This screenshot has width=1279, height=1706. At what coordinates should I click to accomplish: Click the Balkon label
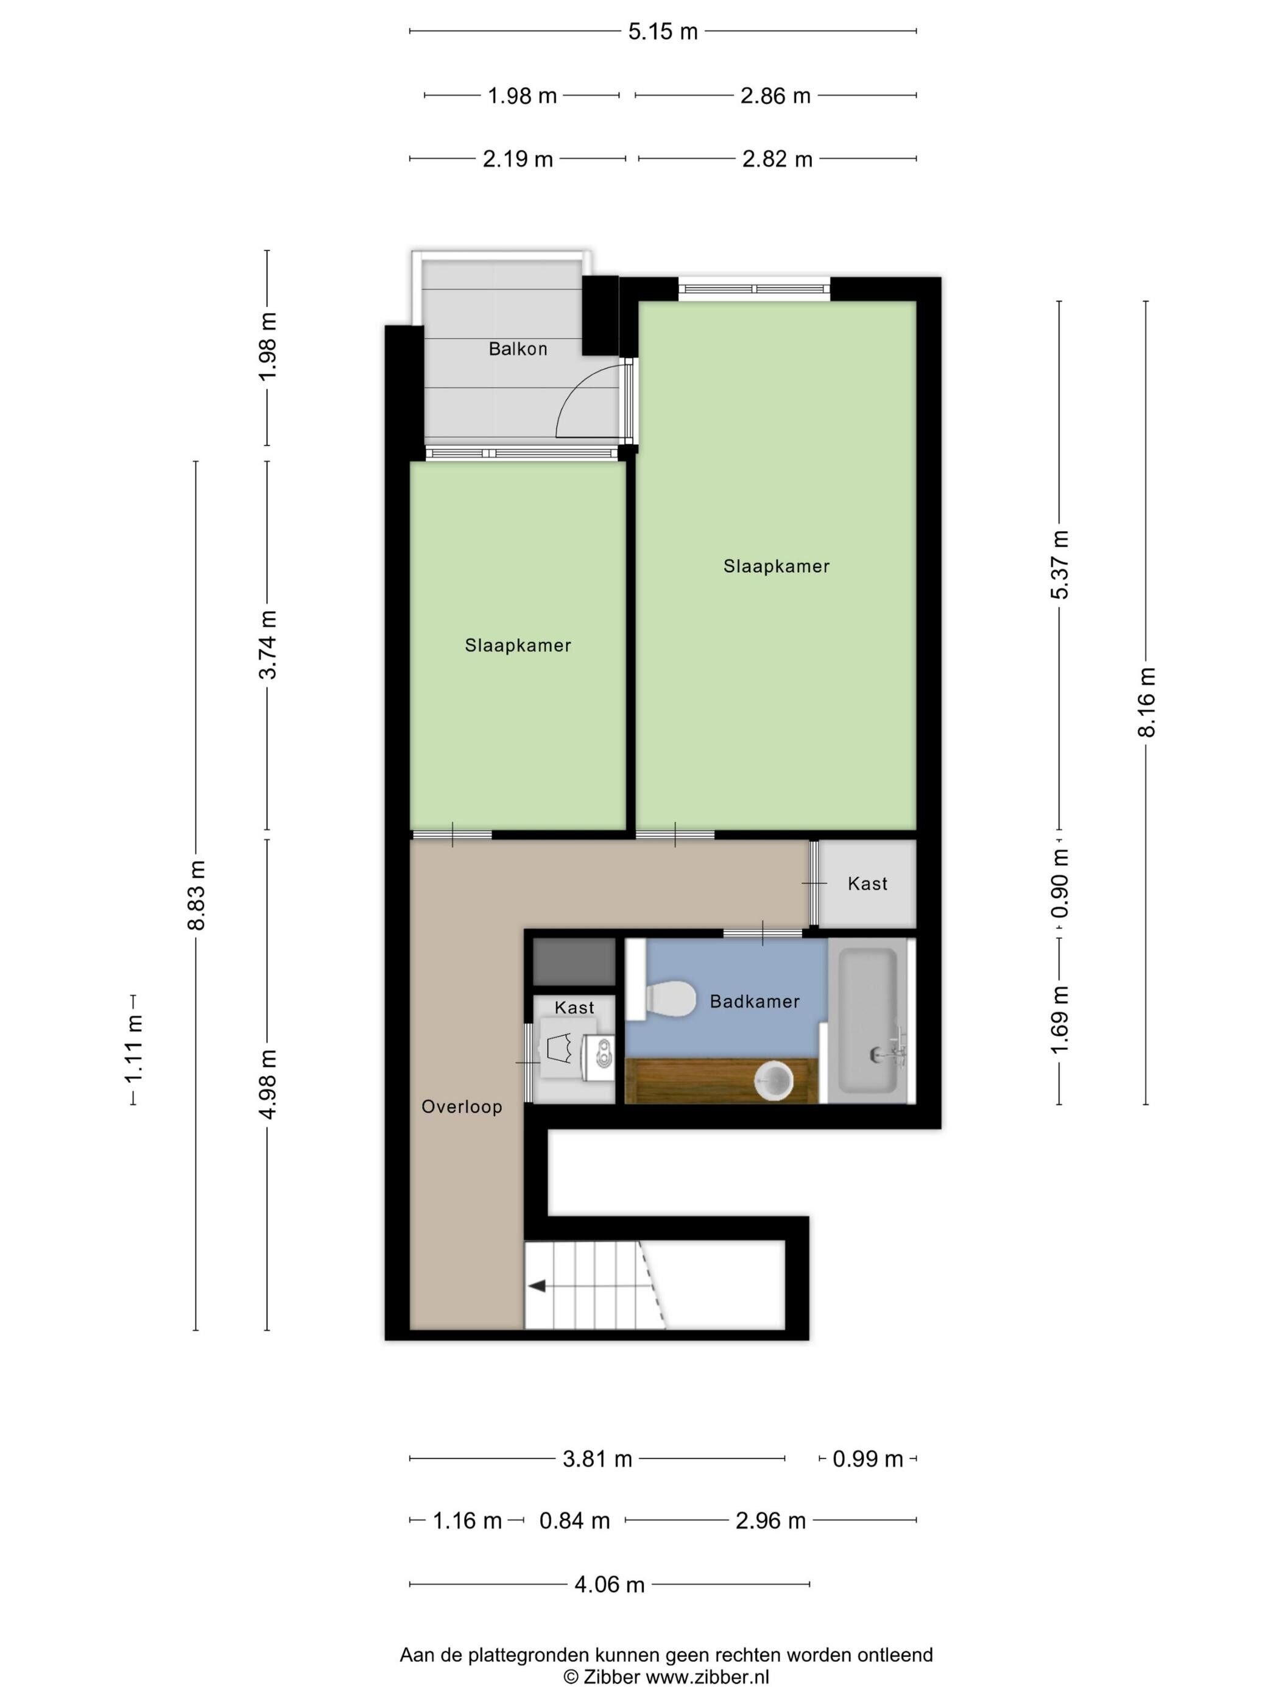(517, 349)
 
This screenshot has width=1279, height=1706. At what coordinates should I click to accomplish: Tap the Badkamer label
(754, 1001)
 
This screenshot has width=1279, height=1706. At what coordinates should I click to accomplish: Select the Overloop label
(461, 1106)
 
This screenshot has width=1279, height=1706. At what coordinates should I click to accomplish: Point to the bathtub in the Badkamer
(867, 1021)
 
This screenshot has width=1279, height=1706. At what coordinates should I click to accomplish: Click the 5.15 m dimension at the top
(662, 32)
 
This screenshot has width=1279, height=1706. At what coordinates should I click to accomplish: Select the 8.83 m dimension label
(197, 894)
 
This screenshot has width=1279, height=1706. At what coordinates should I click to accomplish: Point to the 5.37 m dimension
(1061, 565)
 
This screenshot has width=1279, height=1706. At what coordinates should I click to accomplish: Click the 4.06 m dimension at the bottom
(609, 1584)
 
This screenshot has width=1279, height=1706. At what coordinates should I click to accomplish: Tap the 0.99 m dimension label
(867, 1459)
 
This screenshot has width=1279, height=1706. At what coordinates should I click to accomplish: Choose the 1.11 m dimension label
(134, 1050)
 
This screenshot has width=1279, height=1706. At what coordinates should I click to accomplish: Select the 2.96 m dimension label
(770, 1521)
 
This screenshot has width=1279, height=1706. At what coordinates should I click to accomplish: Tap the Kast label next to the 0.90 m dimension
(867, 884)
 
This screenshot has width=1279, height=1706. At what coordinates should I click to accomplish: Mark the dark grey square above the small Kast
(574, 961)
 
